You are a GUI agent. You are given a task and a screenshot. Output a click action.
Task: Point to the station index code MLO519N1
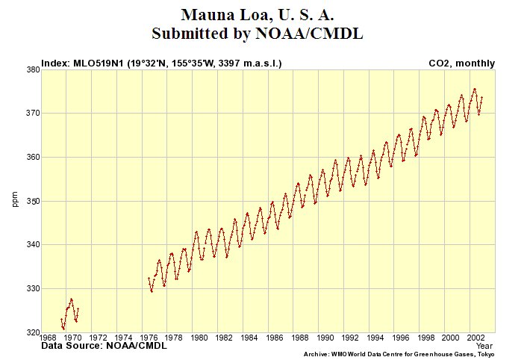click(100, 63)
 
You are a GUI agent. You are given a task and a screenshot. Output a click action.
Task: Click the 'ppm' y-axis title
click(14, 200)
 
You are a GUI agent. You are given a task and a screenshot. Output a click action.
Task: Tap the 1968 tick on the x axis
click(47, 338)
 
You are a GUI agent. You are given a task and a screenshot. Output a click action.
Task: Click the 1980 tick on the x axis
click(199, 338)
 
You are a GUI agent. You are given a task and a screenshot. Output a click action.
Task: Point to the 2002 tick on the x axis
click(473, 338)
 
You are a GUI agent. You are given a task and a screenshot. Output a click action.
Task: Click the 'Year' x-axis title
click(484, 346)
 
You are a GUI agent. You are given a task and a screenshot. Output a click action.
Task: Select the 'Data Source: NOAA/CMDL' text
click(104, 346)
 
